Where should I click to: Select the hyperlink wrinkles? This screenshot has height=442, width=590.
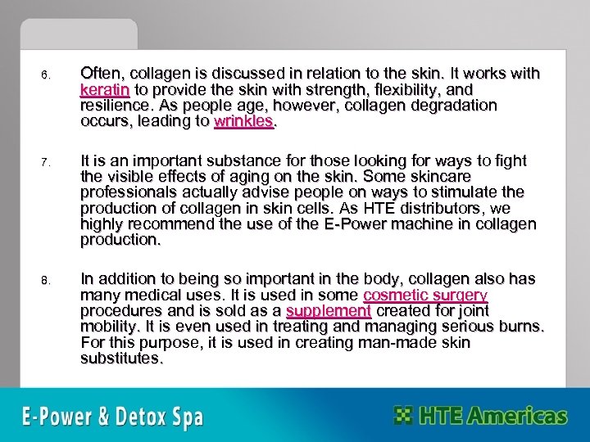click(243, 122)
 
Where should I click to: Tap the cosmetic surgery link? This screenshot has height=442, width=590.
click(425, 295)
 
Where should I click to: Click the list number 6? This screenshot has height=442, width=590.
click(46, 76)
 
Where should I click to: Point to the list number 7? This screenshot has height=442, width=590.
click(46, 162)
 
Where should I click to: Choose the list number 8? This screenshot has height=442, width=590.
click(46, 281)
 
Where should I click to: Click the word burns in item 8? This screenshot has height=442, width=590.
click(520, 327)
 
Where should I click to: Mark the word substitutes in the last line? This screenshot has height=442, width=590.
click(120, 359)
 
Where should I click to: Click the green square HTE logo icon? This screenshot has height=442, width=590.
click(403, 415)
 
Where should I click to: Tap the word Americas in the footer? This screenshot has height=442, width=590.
click(516, 416)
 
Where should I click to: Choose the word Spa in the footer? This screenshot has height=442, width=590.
click(188, 417)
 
